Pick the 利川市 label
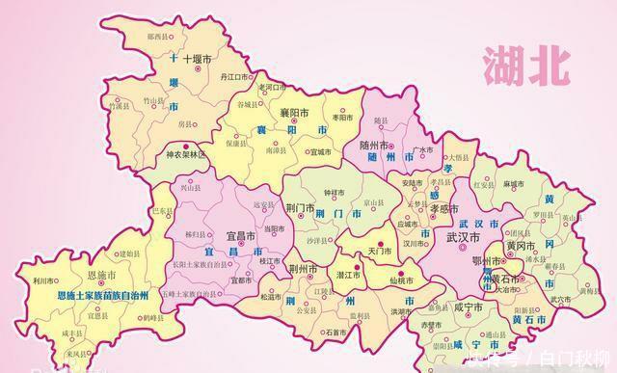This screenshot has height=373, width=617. coord(43,280)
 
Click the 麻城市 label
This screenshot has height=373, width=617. coord(513,182)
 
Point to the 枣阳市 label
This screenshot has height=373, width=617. coord(344,117)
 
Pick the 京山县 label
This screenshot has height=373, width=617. coord(373,203)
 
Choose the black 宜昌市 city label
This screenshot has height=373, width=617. coord(240,235)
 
